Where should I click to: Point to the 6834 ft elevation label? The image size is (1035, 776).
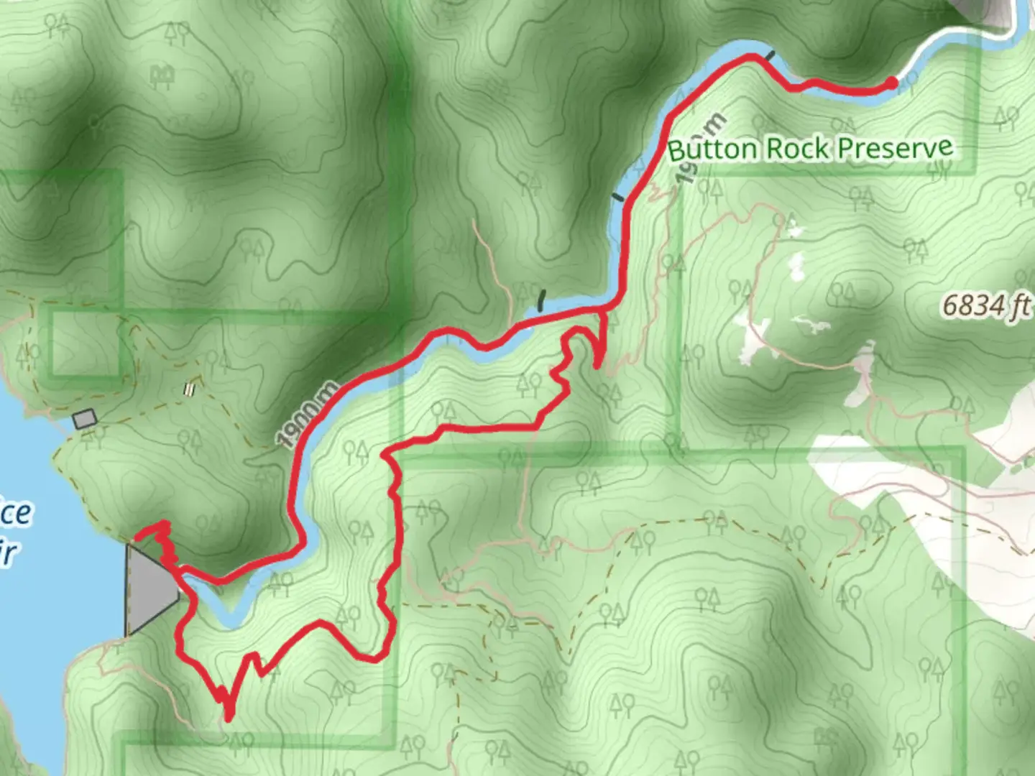(985, 306)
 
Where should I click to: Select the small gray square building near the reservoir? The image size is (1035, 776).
(85, 418)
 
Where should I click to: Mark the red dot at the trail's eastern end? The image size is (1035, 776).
(891, 83)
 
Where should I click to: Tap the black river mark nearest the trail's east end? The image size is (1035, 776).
(770, 55)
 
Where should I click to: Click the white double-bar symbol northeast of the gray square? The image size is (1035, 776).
(190, 389)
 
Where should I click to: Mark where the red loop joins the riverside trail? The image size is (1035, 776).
(602, 308)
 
